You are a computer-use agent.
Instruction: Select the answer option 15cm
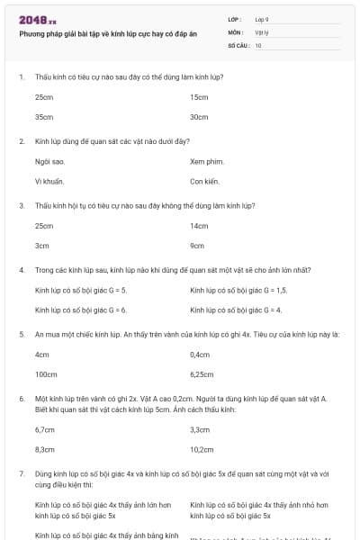pos(199,96)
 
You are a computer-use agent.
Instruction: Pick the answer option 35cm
pos(44,117)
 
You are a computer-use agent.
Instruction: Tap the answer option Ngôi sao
pos(49,161)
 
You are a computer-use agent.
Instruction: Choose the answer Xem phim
pos(206,161)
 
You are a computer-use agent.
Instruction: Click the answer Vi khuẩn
pos(49,181)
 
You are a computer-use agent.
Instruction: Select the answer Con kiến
pos(205,181)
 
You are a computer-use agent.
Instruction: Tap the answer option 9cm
pos(197,245)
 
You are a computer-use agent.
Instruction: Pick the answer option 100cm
pos(46,374)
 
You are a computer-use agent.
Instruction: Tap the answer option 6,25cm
pos(202,374)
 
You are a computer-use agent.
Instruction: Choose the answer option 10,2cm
pos(202,448)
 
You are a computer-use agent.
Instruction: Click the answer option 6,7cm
pos(45,428)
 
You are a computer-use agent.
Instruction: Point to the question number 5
pos(21,334)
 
